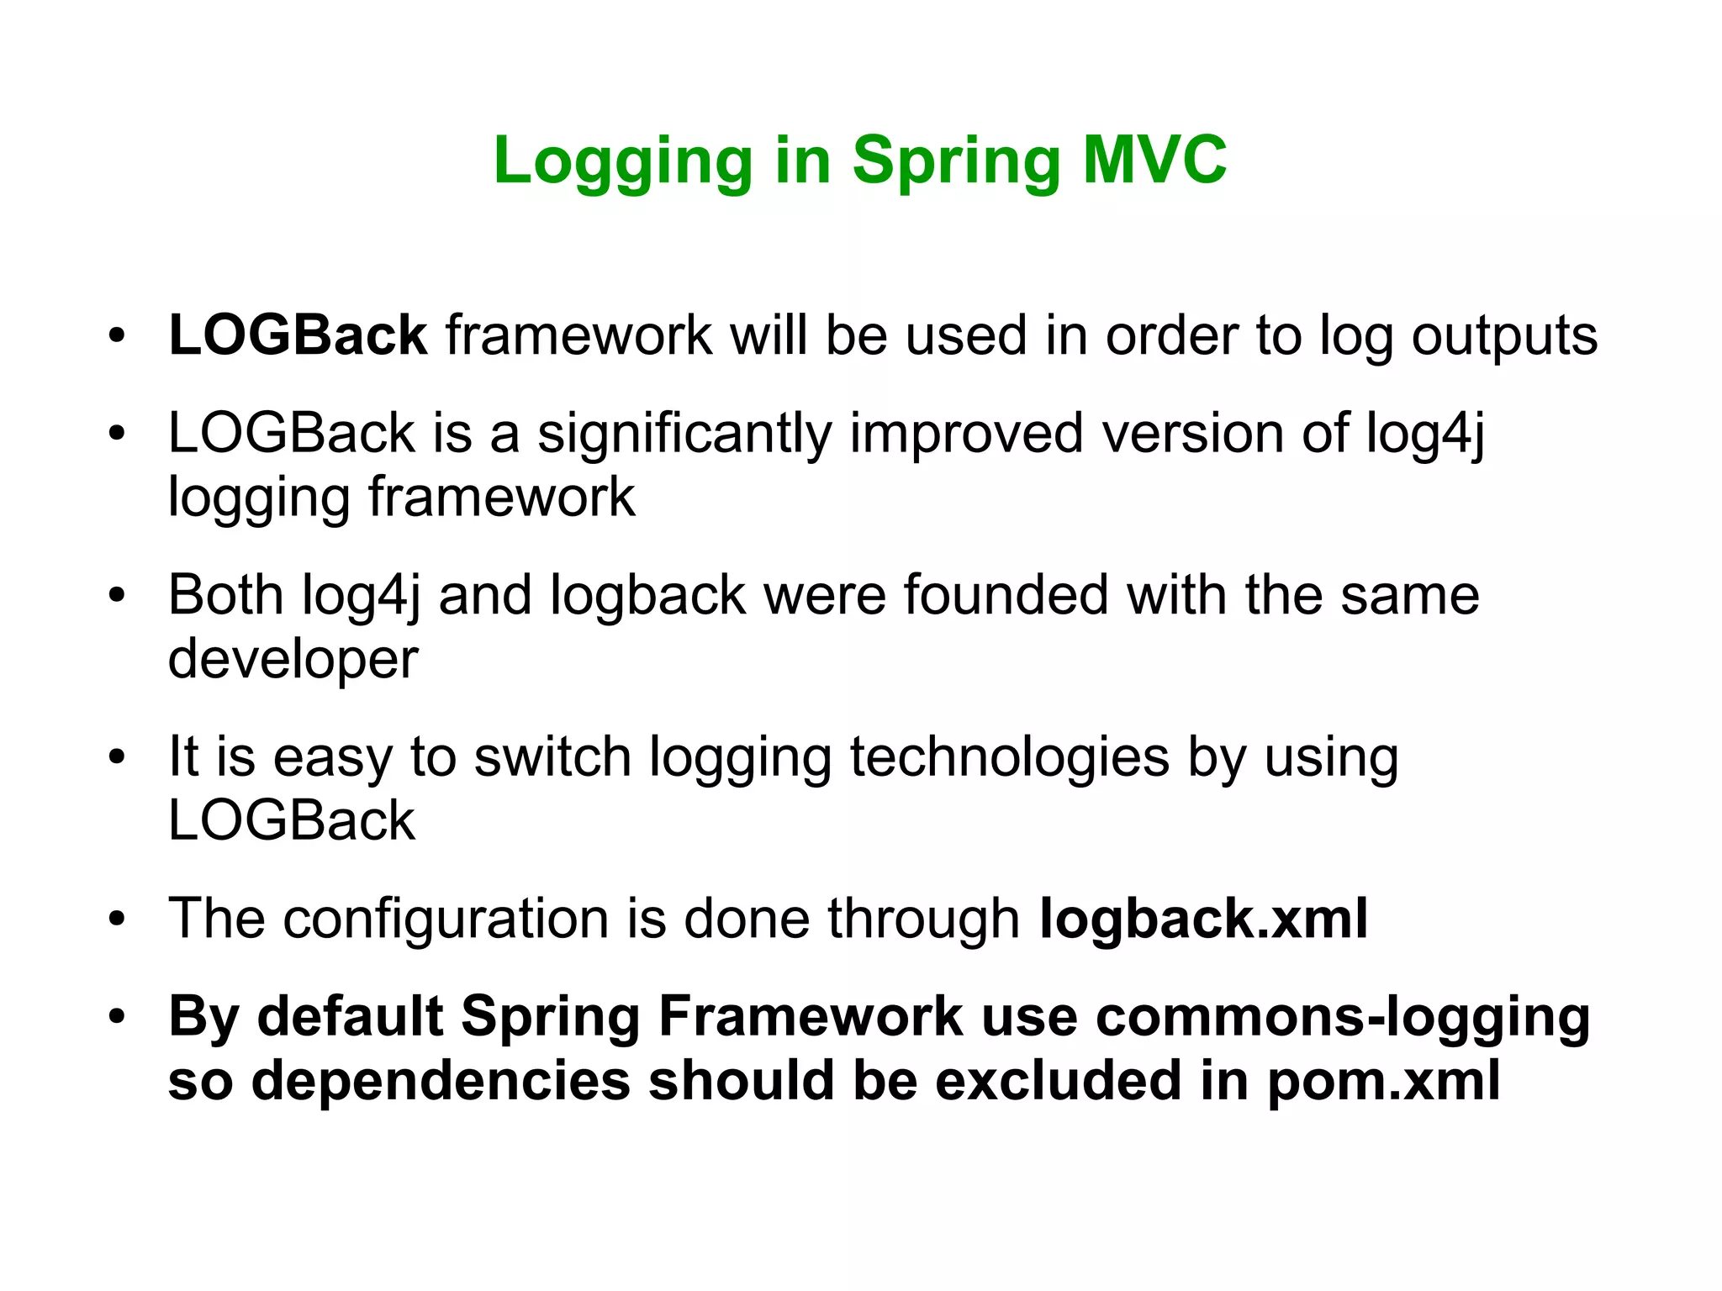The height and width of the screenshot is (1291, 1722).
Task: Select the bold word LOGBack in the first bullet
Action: (298, 335)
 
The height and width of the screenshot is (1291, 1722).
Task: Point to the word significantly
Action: (684, 435)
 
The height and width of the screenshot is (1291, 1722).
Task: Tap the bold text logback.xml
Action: (1203, 918)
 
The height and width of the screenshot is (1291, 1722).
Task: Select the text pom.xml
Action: (1383, 1082)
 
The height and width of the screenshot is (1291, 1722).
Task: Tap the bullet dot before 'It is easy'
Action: (117, 756)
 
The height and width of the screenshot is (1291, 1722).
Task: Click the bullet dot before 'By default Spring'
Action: (117, 1017)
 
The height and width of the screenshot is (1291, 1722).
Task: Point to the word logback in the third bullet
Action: (647, 597)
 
